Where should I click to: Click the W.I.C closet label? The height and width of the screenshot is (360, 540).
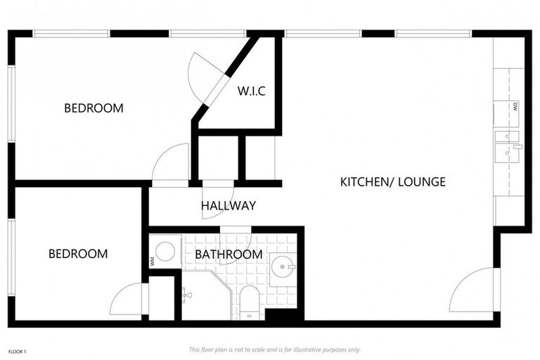[x=251, y=91]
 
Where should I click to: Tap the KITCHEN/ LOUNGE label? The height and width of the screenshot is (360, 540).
[x=392, y=182]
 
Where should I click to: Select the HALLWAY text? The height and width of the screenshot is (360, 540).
[x=228, y=206]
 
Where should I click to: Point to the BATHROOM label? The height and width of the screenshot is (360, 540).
[x=229, y=254]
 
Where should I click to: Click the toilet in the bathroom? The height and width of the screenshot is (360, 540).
[x=249, y=301]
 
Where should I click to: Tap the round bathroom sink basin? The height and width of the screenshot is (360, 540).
[x=284, y=266]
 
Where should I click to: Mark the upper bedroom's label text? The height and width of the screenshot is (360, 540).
[x=94, y=108]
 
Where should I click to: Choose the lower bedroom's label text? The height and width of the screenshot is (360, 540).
[x=78, y=254]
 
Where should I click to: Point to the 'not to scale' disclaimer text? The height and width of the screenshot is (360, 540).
[x=274, y=349]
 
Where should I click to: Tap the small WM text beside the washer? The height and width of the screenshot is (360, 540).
[x=152, y=262]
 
